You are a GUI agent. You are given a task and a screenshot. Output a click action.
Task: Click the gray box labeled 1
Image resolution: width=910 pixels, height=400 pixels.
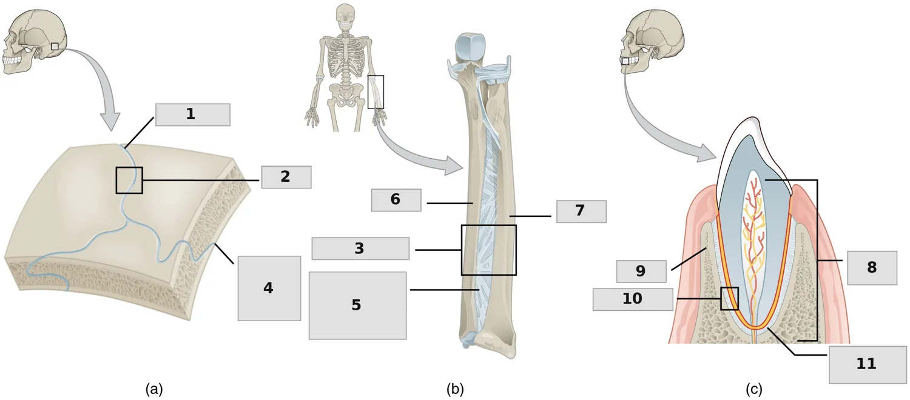click(192, 115)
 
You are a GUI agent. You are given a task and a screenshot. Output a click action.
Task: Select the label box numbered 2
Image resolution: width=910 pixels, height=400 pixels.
click(286, 177)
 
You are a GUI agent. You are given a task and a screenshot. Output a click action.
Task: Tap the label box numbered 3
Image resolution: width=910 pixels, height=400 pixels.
click(360, 248)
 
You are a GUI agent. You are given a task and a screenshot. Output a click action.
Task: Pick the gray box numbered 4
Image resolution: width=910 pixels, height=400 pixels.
click(269, 288)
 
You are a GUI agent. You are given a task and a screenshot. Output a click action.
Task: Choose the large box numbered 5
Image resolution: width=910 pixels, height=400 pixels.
click(357, 305)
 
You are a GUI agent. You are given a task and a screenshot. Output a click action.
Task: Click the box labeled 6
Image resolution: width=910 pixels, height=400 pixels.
click(396, 199)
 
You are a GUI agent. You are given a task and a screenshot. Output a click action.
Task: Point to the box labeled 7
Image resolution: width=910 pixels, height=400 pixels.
click(581, 212)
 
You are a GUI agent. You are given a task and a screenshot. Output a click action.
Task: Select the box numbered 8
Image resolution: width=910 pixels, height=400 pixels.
click(872, 268)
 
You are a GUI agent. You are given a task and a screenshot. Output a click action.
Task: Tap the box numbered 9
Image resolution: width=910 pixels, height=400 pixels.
click(641, 272)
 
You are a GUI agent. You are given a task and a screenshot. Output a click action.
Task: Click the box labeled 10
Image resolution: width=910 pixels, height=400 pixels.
click(633, 299)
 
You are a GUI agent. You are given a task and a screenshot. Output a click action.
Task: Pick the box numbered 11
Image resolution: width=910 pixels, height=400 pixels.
click(866, 364)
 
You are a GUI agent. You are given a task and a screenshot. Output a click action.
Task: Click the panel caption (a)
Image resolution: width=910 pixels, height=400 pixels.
click(154, 390)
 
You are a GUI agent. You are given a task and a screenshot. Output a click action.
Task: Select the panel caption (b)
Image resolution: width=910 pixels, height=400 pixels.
click(455, 390)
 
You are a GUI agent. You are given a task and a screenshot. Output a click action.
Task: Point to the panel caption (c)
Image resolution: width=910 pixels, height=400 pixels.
click(753, 390)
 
